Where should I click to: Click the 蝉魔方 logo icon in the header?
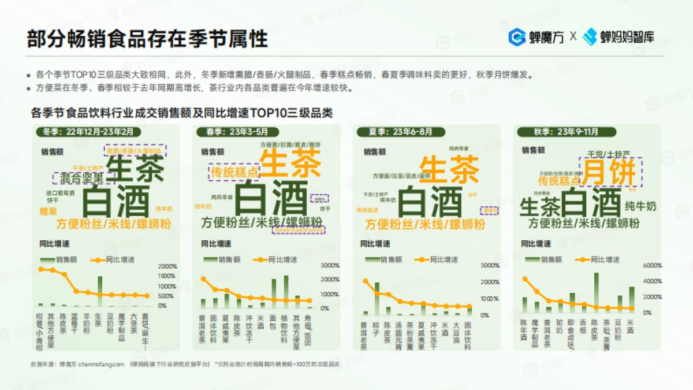(516, 36)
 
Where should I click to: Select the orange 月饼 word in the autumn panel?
(609, 172)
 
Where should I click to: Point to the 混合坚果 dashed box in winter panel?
(78, 178)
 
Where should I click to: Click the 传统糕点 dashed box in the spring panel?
(234, 172)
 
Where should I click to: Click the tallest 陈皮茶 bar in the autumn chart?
(597, 292)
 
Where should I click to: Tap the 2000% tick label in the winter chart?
(167, 266)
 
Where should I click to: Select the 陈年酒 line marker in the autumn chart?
(524, 279)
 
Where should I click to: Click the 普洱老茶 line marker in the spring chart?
(203, 279)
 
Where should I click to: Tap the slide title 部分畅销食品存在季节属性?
(147, 39)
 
